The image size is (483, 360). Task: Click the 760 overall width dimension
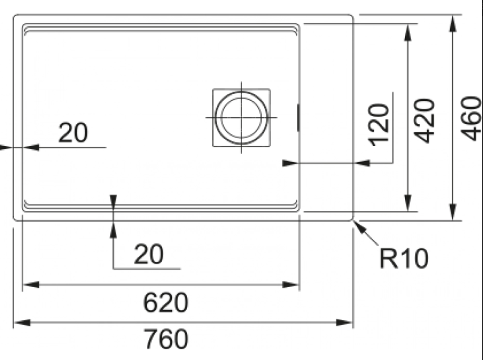pyautogui.click(x=166, y=339)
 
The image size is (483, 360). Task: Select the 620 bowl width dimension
pyautogui.click(x=166, y=303)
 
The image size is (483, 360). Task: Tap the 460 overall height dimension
pyautogui.click(x=470, y=118)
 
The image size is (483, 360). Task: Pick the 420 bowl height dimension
pyautogui.click(x=424, y=121)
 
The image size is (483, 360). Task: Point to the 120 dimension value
pyautogui.click(x=379, y=124)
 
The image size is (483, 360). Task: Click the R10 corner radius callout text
pyautogui.click(x=404, y=259)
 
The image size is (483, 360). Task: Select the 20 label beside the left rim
pyautogui.click(x=73, y=133)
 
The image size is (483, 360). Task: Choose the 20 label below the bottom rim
pyautogui.click(x=148, y=254)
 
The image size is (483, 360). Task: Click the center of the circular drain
pyautogui.click(x=241, y=117)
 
